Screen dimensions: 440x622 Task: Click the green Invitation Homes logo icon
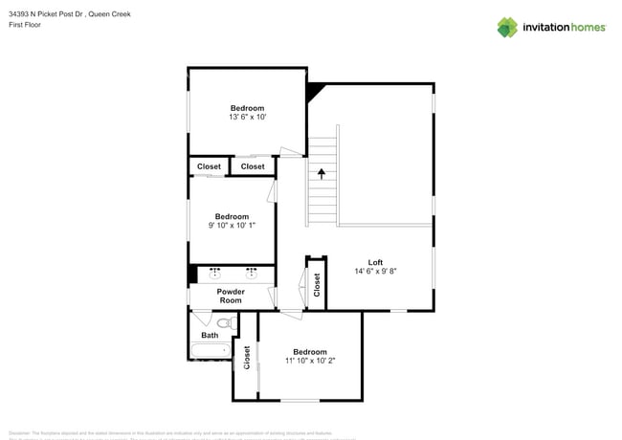(x=507, y=27)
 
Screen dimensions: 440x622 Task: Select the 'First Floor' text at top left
(x=25, y=25)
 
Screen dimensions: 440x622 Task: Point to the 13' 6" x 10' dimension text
(x=247, y=117)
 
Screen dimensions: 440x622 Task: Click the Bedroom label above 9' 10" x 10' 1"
(x=232, y=216)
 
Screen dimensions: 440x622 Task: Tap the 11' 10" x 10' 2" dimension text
(x=310, y=361)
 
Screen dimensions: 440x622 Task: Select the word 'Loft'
(x=375, y=262)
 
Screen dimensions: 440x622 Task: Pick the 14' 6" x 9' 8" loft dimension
(x=375, y=271)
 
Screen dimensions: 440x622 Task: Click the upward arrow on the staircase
(x=322, y=174)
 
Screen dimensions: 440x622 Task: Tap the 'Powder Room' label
(x=231, y=296)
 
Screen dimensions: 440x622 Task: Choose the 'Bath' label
(x=210, y=335)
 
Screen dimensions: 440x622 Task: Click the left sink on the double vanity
(x=214, y=272)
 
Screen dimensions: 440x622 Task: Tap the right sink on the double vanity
(x=252, y=272)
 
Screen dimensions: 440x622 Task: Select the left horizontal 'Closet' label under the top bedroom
(x=209, y=166)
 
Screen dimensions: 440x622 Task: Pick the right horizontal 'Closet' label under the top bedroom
(x=253, y=166)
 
